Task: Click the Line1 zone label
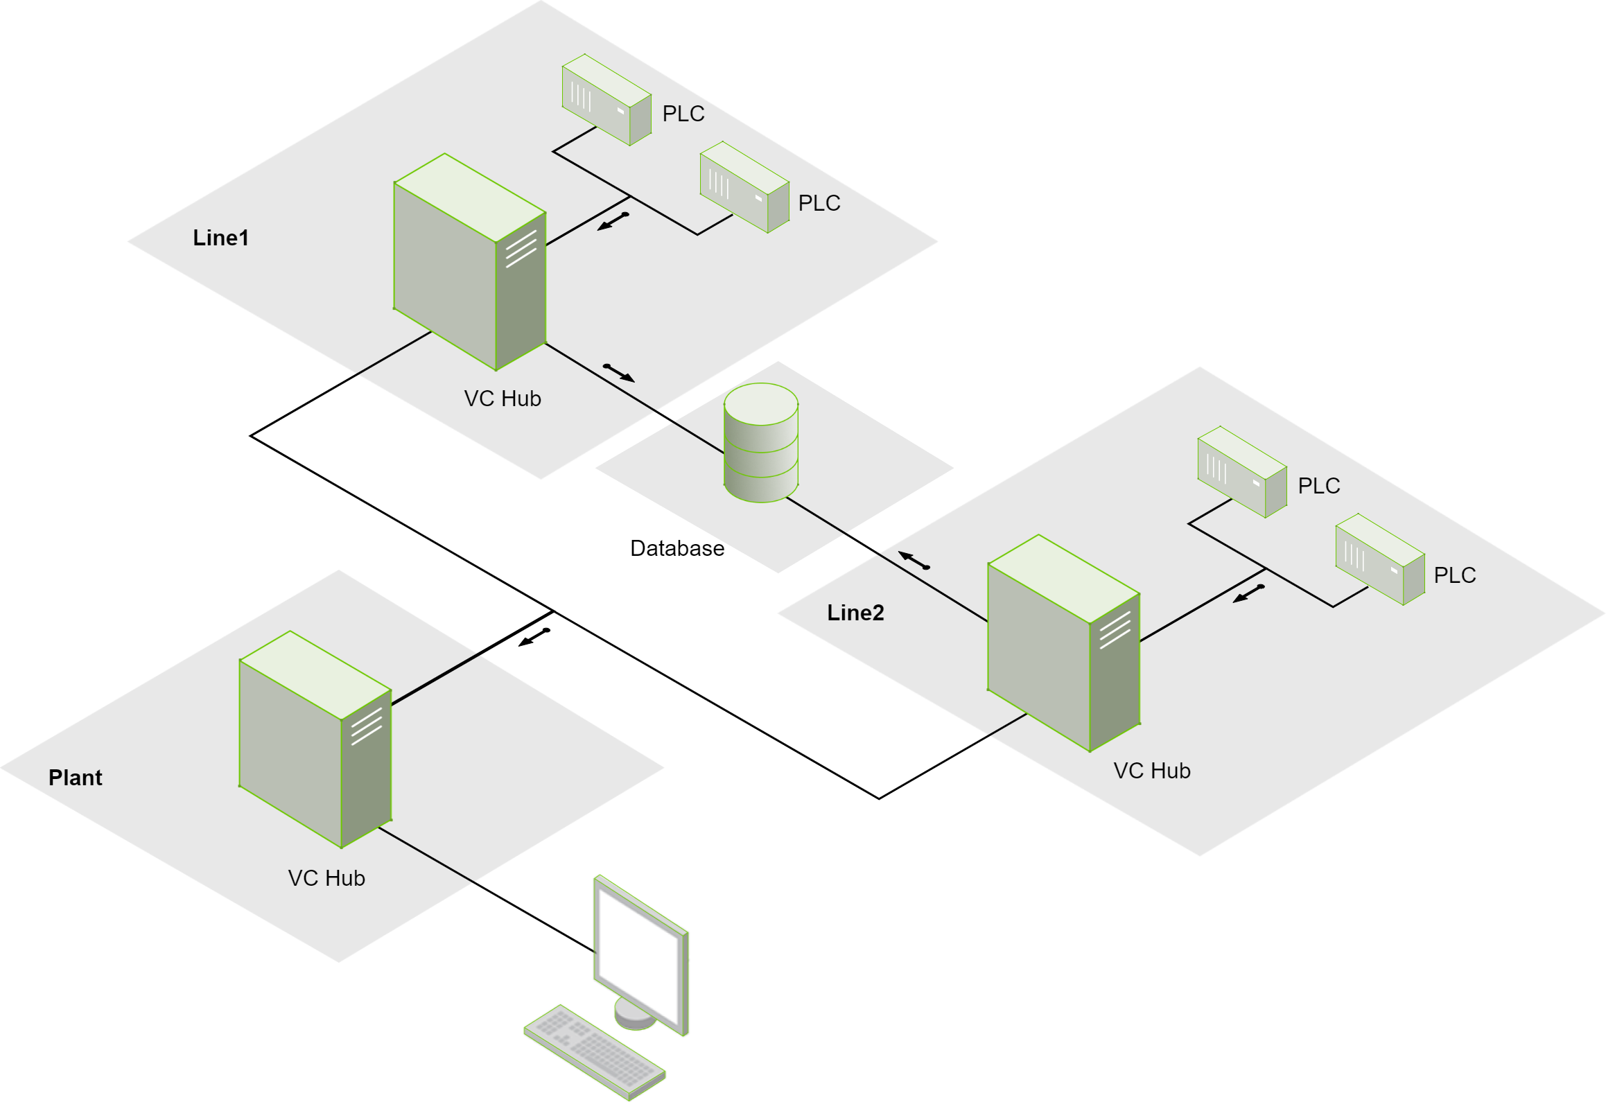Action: pyautogui.click(x=220, y=238)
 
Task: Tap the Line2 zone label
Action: pyautogui.click(x=855, y=613)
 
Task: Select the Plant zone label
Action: pyautogui.click(x=75, y=778)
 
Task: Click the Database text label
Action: pyautogui.click(x=677, y=548)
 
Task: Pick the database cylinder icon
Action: pyautogui.click(x=761, y=443)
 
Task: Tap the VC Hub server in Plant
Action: pyautogui.click(x=315, y=740)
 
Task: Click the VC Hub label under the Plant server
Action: pyautogui.click(x=326, y=878)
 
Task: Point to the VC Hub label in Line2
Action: pyautogui.click(x=1151, y=771)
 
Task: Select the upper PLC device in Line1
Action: pyautogui.click(x=606, y=100)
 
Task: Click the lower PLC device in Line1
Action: pyautogui.click(x=744, y=187)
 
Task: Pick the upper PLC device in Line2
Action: pyautogui.click(x=1242, y=472)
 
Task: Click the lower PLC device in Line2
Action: pyautogui.click(x=1380, y=559)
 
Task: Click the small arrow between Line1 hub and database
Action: pyautogui.click(x=618, y=373)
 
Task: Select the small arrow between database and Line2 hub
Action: pyautogui.click(x=914, y=560)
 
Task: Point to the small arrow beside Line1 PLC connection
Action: pyautogui.click(x=613, y=222)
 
